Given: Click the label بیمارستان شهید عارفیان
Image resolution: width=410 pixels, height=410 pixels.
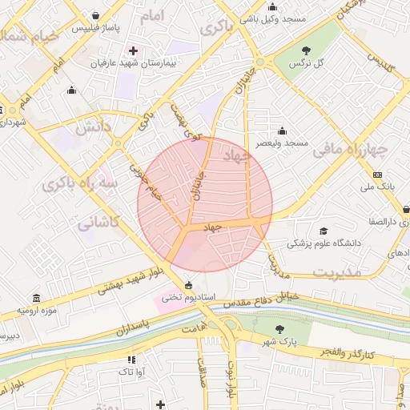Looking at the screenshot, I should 132,62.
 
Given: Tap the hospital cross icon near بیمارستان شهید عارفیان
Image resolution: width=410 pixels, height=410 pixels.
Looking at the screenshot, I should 133,50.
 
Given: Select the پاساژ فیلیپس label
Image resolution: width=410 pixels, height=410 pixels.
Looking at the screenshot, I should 95,27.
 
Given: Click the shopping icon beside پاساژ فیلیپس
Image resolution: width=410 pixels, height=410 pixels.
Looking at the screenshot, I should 96,15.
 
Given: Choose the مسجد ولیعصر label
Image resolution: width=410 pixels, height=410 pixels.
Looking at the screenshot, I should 282,143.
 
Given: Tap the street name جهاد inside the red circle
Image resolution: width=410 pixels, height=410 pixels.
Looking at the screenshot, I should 212,228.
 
